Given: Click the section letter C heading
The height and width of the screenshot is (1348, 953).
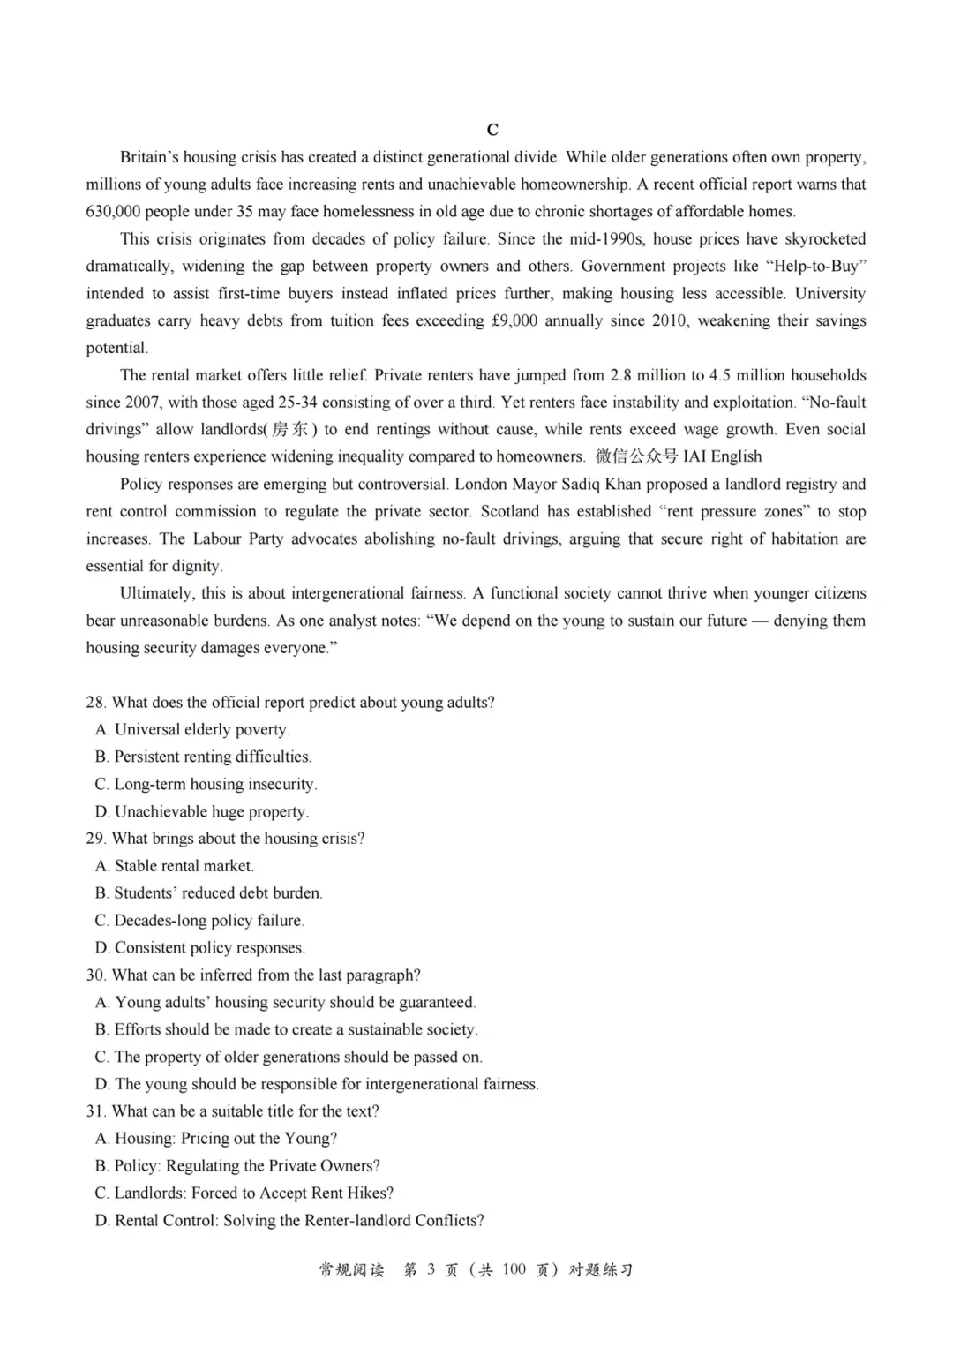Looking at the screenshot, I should (x=492, y=130).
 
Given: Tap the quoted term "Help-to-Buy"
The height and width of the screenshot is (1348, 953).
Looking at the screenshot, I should (x=815, y=267).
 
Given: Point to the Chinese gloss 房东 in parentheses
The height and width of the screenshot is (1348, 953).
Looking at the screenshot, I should (x=291, y=430).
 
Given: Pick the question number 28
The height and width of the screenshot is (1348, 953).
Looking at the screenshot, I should (x=95, y=703).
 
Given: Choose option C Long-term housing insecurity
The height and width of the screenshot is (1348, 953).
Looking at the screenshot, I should (x=206, y=785).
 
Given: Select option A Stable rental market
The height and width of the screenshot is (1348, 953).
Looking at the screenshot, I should (x=175, y=866).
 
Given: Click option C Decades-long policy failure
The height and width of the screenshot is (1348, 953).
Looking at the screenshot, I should (x=199, y=921).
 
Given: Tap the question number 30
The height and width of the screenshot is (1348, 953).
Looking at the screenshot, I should (x=95, y=975).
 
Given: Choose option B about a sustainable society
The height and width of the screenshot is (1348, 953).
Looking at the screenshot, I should (x=287, y=1030).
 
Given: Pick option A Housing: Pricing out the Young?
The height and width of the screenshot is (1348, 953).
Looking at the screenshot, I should (x=216, y=1139).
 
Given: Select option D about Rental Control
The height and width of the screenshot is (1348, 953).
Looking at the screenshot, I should (x=289, y=1221).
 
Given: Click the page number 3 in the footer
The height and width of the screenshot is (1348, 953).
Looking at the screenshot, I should (x=431, y=1270).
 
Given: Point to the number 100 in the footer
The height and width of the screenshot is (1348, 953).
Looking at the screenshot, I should (x=514, y=1270).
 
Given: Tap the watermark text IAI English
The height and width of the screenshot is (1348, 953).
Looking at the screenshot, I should (x=722, y=457).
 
